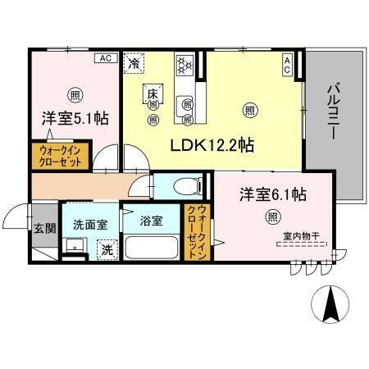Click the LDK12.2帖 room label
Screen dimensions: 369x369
coord(211,145)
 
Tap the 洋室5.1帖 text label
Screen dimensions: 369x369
coord(75,117)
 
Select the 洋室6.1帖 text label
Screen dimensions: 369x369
coord(273,194)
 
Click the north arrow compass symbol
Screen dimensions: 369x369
coord(330,305)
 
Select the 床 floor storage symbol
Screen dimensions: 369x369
coord(153,94)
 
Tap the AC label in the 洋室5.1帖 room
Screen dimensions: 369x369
coord(105,58)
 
